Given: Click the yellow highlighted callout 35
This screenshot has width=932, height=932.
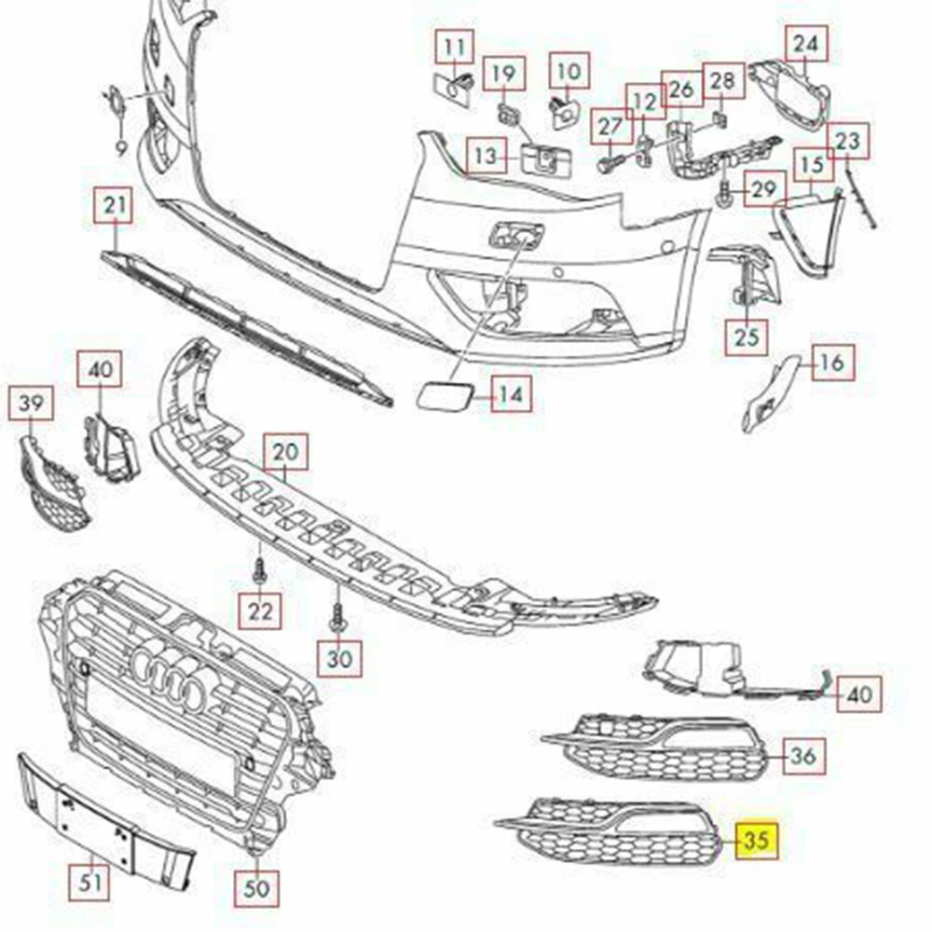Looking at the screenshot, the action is (x=757, y=840).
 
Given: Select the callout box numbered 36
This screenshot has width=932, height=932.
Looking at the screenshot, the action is (x=804, y=756).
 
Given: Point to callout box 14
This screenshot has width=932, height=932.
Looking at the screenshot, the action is (x=511, y=394).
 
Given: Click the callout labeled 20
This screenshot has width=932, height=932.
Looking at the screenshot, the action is (x=286, y=452).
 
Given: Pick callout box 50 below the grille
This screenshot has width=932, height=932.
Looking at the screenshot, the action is (x=257, y=888).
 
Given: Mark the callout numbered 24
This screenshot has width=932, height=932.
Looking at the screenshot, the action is (x=806, y=44).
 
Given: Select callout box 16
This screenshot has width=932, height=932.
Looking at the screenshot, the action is (x=832, y=362).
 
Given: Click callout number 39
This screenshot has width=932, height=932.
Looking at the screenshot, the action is (x=31, y=403).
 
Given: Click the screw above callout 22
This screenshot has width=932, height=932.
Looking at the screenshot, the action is (x=258, y=571).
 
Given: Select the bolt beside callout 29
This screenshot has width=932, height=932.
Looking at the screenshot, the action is (x=725, y=195).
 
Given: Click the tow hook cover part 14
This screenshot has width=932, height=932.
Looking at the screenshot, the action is (x=444, y=395).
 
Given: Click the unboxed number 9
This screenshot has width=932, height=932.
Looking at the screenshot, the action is (x=120, y=147).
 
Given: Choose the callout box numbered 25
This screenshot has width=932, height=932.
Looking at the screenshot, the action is (x=747, y=337).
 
